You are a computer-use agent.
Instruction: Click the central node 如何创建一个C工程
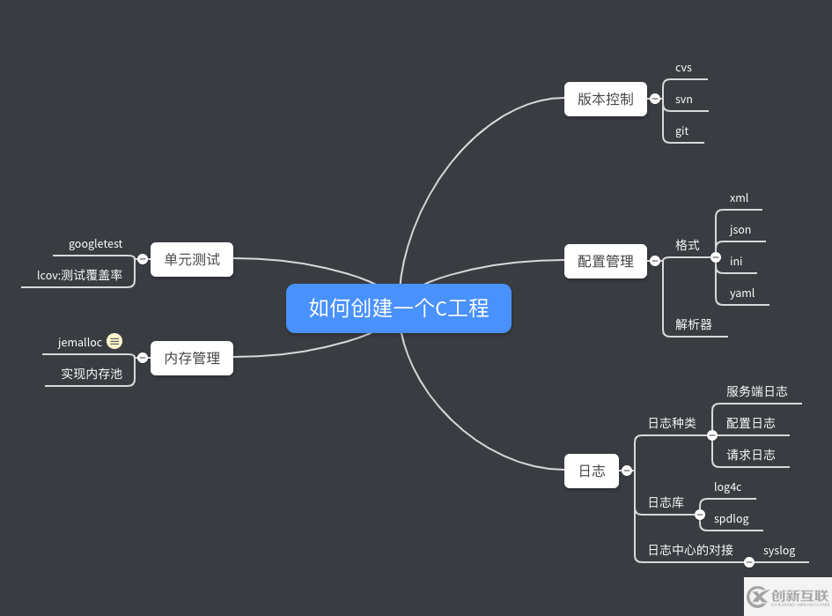(x=399, y=308)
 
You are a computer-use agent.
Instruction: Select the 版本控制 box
(x=606, y=99)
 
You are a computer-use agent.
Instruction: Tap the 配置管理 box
(x=606, y=261)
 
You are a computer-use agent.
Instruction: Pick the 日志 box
(x=592, y=471)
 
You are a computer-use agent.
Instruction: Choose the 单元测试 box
(x=192, y=259)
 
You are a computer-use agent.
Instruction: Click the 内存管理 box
(x=192, y=358)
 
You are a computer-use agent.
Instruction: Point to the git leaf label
(x=682, y=131)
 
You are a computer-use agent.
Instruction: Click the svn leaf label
(x=684, y=99)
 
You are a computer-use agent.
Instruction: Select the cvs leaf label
(x=684, y=67)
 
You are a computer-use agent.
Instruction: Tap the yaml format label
(x=742, y=293)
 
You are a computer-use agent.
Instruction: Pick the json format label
(x=740, y=229)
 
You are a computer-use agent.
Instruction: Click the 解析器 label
(x=694, y=324)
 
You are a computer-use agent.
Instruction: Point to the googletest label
(x=96, y=243)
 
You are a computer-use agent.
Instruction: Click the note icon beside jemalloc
(x=114, y=342)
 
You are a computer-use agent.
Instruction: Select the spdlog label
(x=732, y=518)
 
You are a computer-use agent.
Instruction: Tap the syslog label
(x=779, y=551)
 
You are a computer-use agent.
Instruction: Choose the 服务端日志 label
(x=757, y=391)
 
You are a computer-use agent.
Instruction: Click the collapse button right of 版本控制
(x=654, y=99)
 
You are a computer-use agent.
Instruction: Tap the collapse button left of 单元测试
(x=143, y=259)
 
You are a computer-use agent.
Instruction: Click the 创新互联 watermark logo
(x=787, y=597)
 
